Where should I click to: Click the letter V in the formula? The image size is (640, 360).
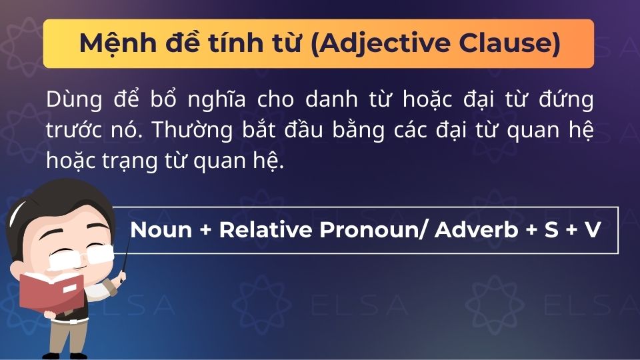[x=592, y=230]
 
